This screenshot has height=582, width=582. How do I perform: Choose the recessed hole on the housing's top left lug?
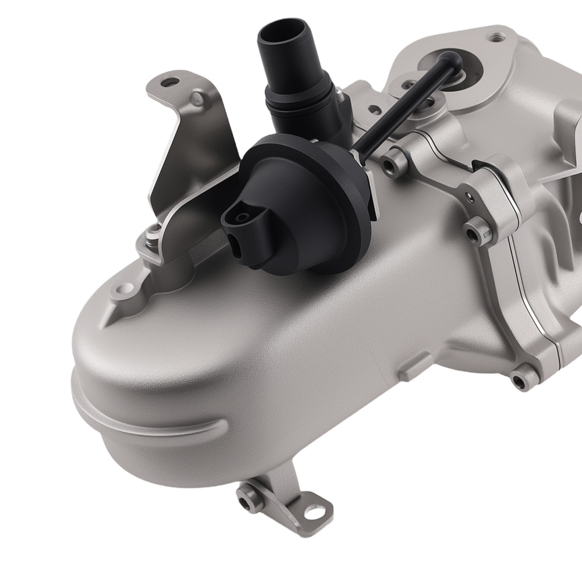[124, 288]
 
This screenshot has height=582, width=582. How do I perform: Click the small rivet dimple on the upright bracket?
[198, 100]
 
